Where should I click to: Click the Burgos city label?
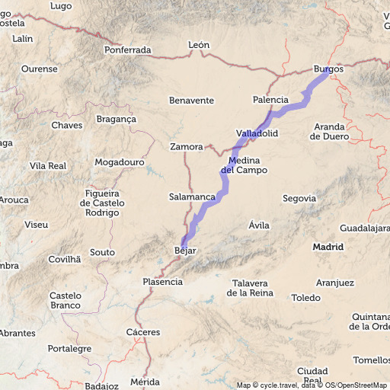point(328,69)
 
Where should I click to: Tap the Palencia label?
point(270,100)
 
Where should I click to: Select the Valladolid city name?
point(257,133)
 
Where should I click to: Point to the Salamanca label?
point(192,197)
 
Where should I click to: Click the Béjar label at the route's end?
point(186,251)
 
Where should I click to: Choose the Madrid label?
point(328,247)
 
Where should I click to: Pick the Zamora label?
point(187,146)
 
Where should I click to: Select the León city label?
point(198,45)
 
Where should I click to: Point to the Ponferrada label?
point(128,50)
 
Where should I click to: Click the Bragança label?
point(116,119)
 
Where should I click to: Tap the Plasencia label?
point(162,282)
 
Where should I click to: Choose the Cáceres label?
point(143,332)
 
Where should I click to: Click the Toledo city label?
point(306,298)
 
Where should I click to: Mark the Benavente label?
point(191,100)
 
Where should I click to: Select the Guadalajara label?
point(365,228)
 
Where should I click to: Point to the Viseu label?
point(36,225)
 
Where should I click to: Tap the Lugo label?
point(60,6)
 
